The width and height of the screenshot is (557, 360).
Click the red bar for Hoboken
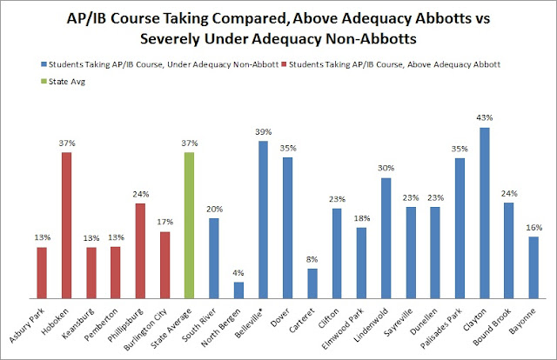[66, 225]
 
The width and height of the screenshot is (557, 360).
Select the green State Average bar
[191, 225]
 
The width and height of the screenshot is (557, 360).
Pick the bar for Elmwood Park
[362, 262]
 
